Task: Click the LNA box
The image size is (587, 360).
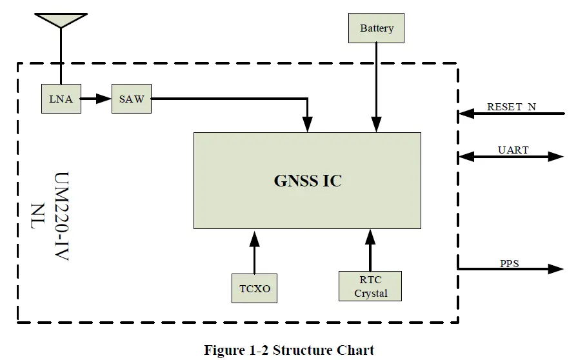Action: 61,99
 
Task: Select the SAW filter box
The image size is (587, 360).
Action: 132,99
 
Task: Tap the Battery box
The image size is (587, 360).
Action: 376,28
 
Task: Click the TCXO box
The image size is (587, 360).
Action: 254,288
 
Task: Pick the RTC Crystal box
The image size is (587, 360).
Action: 370,286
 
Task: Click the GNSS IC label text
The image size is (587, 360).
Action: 308,181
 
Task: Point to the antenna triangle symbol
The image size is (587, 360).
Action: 61,20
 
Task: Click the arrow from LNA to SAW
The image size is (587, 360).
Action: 96,99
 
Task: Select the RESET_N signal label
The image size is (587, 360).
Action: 511,106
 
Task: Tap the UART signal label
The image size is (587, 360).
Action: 513,150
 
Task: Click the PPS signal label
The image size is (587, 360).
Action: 509,263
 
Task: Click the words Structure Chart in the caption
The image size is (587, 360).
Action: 323,350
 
